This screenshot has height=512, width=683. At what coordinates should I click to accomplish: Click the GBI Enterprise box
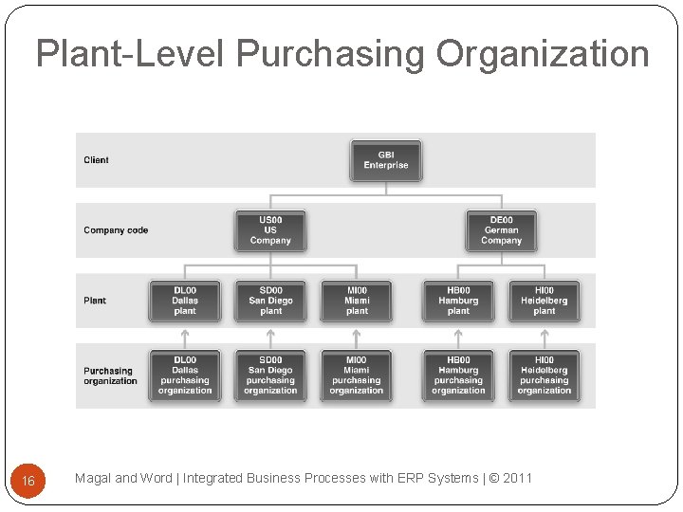pos(386,160)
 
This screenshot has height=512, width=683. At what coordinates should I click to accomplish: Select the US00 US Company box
pos(270,230)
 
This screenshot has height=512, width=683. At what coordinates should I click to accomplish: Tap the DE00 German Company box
pos(501,230)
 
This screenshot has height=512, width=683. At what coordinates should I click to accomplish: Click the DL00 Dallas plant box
pos(185,301)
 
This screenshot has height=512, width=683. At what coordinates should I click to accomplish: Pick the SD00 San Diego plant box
pos(270,301)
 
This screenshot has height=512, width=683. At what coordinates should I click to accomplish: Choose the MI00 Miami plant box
pos(357,301)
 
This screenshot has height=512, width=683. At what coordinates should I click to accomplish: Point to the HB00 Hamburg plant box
pos(458,301)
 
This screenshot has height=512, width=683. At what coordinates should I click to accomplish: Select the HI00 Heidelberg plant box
pos(544,301)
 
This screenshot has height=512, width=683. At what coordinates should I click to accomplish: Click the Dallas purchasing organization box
pos(185,375)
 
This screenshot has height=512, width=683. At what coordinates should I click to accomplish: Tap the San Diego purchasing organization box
pos(270,375)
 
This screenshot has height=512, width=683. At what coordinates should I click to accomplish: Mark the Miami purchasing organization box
pos(357,375)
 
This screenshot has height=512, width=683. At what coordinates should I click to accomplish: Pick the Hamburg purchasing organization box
pos(458,375)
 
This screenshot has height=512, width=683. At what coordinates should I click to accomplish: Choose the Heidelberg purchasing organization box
pos(544,375)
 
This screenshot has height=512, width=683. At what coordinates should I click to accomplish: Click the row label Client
pos(96,160)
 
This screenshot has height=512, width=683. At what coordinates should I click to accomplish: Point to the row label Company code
pos(116,230)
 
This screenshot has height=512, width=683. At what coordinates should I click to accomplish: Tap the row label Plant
pos(95,301)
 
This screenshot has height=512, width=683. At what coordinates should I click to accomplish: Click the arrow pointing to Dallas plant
pos(185,336)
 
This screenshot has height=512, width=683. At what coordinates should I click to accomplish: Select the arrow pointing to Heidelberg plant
pos(544,336)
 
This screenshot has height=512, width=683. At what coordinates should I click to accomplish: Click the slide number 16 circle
pos(28,481)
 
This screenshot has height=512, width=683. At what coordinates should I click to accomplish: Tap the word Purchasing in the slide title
pos(331,54)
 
